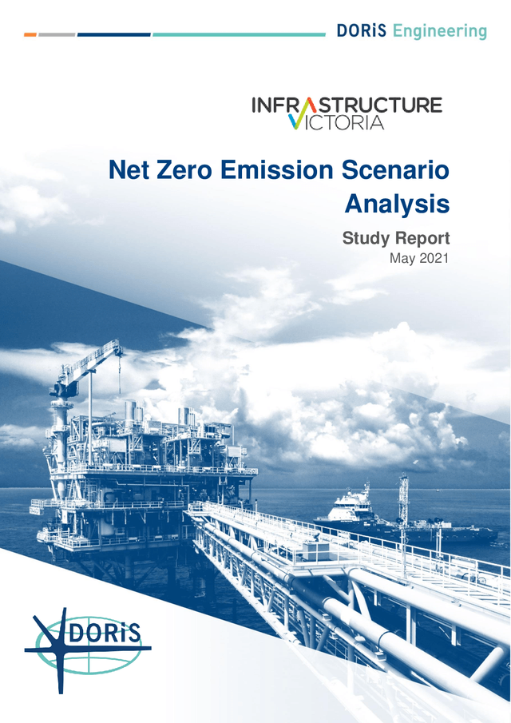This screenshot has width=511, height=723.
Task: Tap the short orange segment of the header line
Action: tap(30, 35)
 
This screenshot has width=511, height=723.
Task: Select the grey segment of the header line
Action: tap(57, 35)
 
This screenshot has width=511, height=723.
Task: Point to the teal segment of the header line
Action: tap(239, 35)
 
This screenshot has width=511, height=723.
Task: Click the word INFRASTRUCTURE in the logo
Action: tap(347, 105)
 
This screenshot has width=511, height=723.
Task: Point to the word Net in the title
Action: tap(130, 170)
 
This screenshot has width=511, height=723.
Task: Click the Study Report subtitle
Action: tap(396, 237)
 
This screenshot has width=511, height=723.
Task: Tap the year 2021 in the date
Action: tap(434, 258)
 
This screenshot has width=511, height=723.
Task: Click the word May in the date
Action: tap(403, 258)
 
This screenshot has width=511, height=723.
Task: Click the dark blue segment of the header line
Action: tap(114, 35)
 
